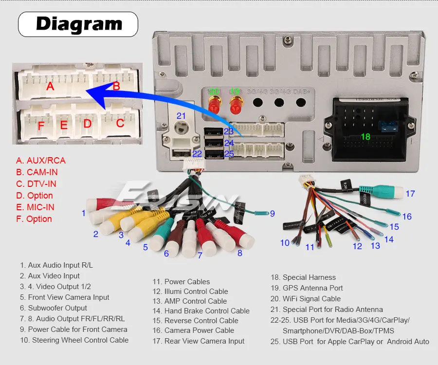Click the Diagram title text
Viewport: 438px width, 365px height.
79,24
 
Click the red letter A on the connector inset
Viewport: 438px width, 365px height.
50,87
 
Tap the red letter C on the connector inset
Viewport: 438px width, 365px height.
120,123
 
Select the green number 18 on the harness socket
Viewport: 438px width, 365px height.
365,137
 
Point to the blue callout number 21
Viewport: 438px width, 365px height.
181,116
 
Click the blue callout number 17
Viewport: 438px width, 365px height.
410,194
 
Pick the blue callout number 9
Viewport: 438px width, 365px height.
273,213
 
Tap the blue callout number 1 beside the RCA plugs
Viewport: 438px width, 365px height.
84,213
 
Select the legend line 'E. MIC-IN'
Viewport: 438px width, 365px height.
35,207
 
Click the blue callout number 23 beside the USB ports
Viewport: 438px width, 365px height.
229,131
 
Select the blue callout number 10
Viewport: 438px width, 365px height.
285,242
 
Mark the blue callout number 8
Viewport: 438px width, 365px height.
239,253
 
